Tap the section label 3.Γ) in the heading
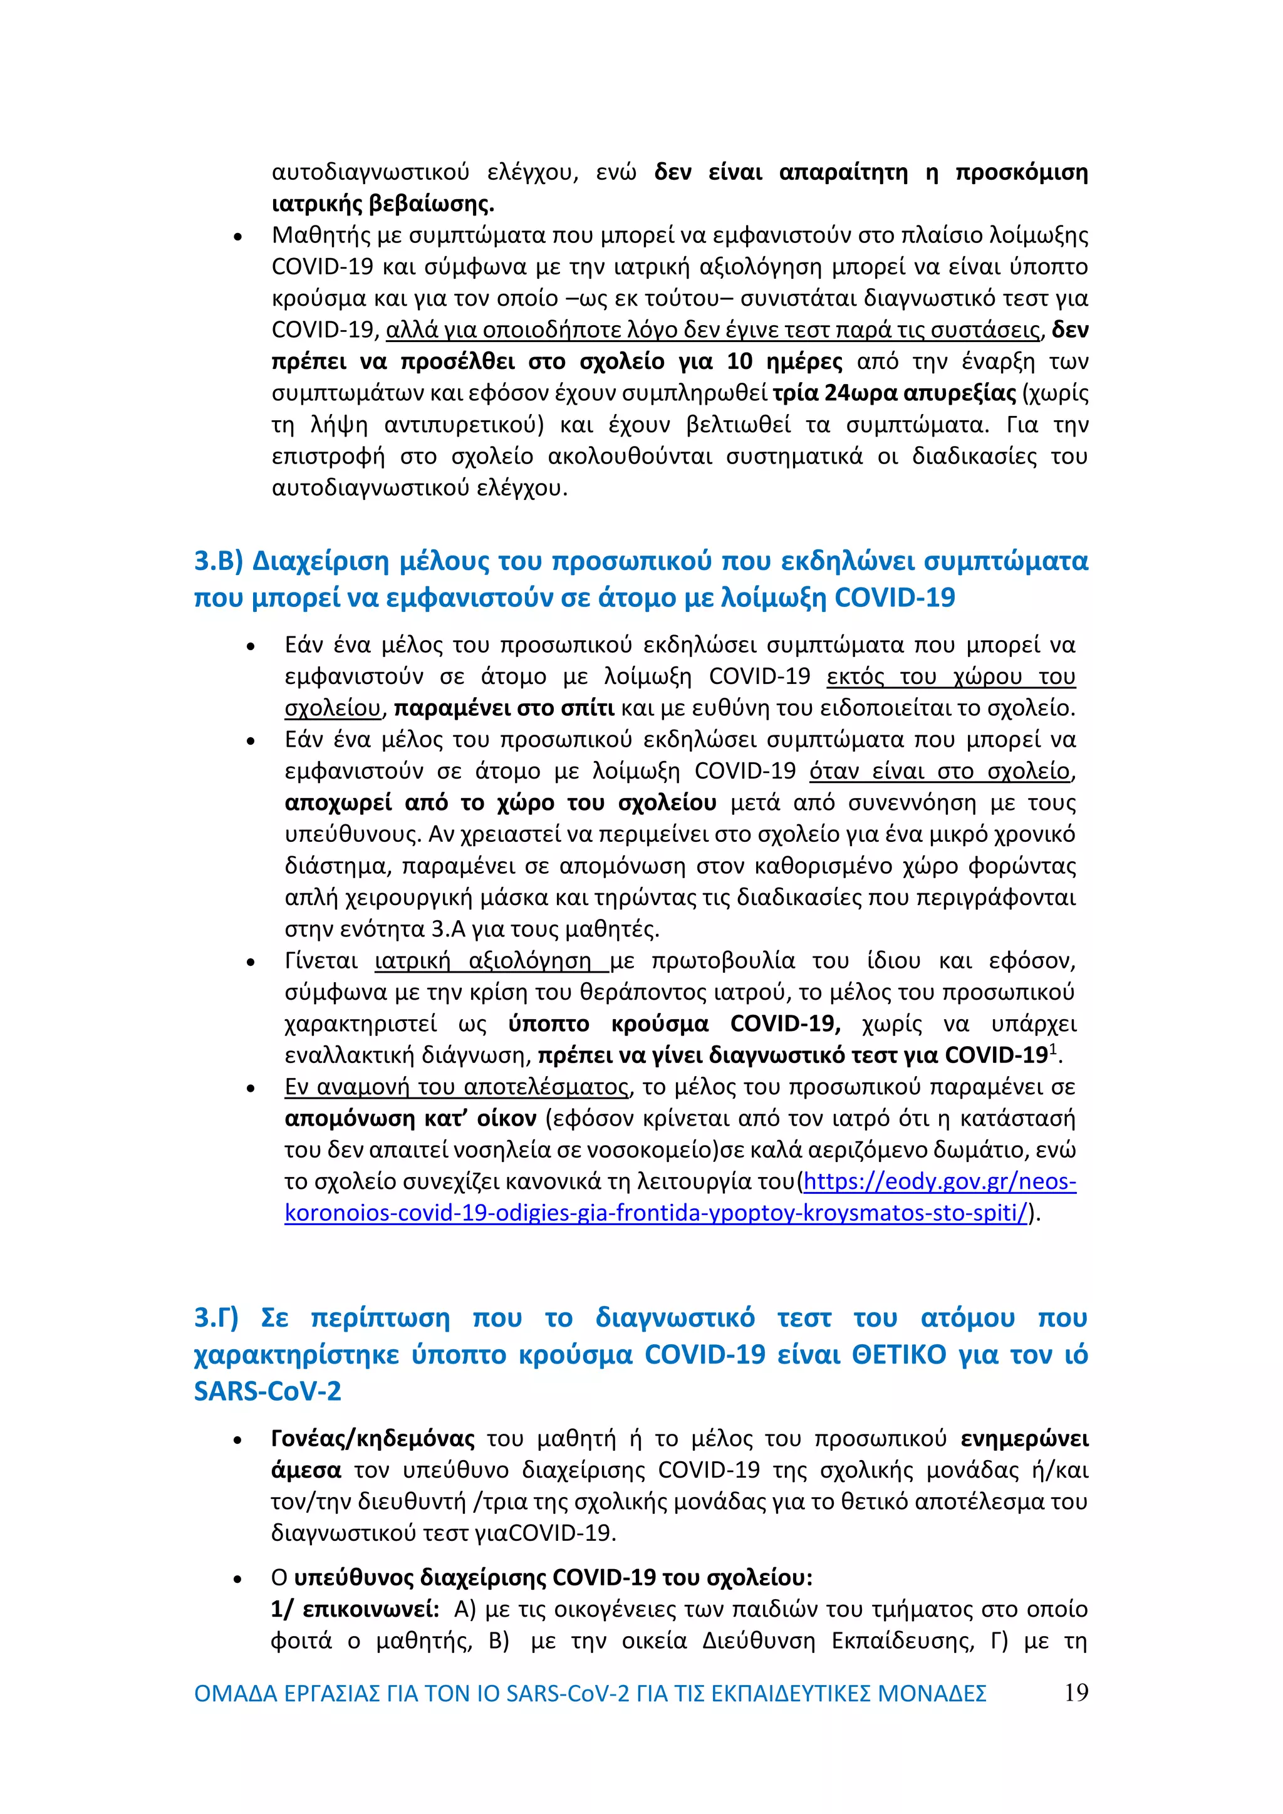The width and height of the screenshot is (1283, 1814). (x=217, y=1318)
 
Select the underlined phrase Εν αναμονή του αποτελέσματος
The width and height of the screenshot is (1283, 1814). (x=457, y=1087)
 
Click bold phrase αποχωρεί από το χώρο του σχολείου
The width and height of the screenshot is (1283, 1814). (x=500, y=803)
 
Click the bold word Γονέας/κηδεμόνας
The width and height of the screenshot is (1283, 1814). (x=373, y=1439)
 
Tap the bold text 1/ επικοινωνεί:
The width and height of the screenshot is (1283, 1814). (x=355, y=1609)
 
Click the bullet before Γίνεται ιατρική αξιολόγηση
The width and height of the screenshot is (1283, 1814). (x=251, y=962)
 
